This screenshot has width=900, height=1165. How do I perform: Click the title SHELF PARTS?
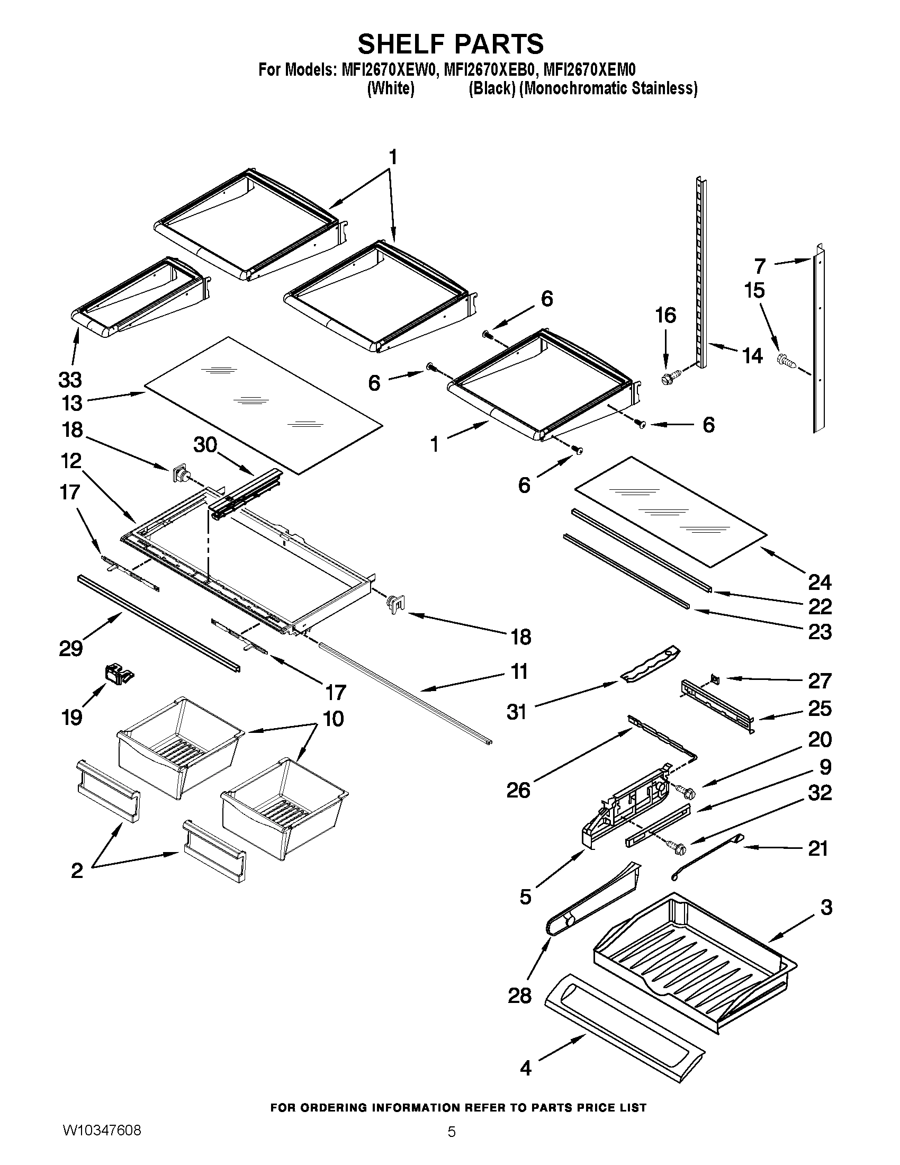(451, 44)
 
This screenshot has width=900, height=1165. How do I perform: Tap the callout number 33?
(70, 380)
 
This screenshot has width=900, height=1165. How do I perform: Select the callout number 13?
(71, 404)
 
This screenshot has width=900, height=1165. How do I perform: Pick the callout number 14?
(752, 355)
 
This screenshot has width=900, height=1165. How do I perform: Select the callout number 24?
(820, 582)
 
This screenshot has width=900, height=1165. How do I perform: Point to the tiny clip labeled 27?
(715, 679)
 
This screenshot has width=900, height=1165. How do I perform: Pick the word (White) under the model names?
(391, 88)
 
